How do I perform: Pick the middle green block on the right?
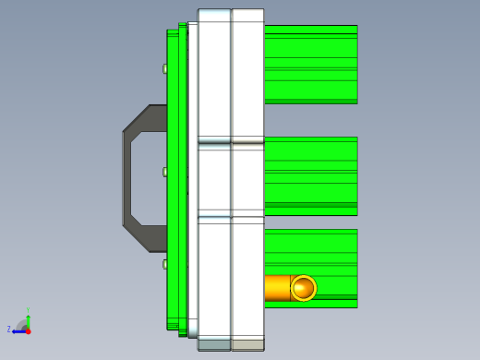tap(310, 174)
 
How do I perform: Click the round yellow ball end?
tap(303, 288)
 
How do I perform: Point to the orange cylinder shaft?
tap(277, 288)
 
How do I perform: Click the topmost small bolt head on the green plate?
tap(165, 68)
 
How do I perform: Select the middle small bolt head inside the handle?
tap(165, 172)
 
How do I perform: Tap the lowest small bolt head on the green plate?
tap(165, 264)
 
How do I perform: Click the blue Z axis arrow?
tap(18, 330)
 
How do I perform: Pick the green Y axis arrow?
tap(28, 316)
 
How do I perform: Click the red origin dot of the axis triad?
tap(28, 330)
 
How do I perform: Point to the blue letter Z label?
tap(9, 329)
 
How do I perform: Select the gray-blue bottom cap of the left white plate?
tap(214, 344)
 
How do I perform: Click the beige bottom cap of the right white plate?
tap(247, 344)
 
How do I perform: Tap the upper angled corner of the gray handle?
tap(137, 117)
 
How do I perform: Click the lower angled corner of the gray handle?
tap(137, 237)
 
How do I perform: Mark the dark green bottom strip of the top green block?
tap(310, 101)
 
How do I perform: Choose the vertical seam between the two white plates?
tap(231, 175)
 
